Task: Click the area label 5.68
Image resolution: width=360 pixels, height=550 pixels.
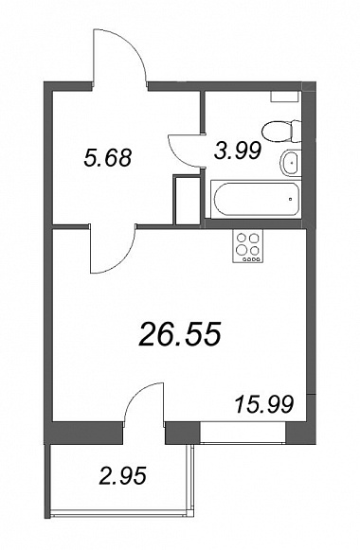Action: [108, 157]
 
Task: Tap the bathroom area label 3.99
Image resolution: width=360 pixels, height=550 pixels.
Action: [238, 151]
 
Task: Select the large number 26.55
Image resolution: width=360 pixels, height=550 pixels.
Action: [180, 333]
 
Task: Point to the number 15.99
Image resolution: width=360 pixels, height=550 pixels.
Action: [264, 404]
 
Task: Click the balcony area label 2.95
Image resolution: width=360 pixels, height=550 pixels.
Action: [122, 476]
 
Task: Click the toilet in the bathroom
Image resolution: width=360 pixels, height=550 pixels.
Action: [281, 132]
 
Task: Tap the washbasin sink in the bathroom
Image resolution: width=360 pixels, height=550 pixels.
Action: [290, 163]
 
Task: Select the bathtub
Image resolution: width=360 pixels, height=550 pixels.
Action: [256, 199]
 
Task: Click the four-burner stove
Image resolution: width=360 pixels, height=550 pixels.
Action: [247, 246]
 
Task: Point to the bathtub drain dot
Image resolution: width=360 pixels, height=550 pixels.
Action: [291, 199]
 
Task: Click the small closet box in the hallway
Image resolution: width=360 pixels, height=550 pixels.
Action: [187, 201]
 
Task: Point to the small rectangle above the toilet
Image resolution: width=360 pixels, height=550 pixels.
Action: [284, 97]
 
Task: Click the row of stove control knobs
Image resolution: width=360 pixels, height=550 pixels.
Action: [247, 259]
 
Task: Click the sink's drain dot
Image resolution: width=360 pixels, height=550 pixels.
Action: [291, 163]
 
